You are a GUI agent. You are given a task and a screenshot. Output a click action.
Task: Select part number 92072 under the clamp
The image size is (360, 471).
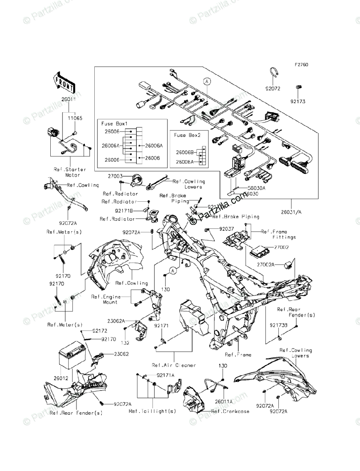(x=272, y=89)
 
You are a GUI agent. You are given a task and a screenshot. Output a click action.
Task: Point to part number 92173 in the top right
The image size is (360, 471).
(x=298, y=101)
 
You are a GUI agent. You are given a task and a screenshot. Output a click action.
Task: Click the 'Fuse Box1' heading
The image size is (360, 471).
(x=112, y=124)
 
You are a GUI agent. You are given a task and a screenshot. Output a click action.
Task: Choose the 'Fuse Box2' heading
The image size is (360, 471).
(x=187, y=135)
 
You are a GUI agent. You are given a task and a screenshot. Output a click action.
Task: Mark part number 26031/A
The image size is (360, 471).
(x=291, y=212)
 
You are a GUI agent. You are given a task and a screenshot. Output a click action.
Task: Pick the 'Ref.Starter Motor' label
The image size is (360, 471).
(x=70, y=172)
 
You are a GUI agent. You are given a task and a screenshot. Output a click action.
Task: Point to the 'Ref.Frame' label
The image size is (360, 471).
(x=238, y=355)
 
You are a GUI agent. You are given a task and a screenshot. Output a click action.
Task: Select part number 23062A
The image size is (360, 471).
(x=117, y=321)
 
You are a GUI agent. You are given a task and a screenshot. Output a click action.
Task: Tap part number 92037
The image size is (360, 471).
(x=227, y=228)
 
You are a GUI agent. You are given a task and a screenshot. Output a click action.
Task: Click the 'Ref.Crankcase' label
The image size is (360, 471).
(x=230, y=411)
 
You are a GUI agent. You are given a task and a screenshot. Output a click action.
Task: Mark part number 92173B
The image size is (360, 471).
(x=279, y=325)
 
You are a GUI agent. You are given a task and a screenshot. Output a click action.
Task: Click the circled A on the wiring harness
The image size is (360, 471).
(x=207, y=82)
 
